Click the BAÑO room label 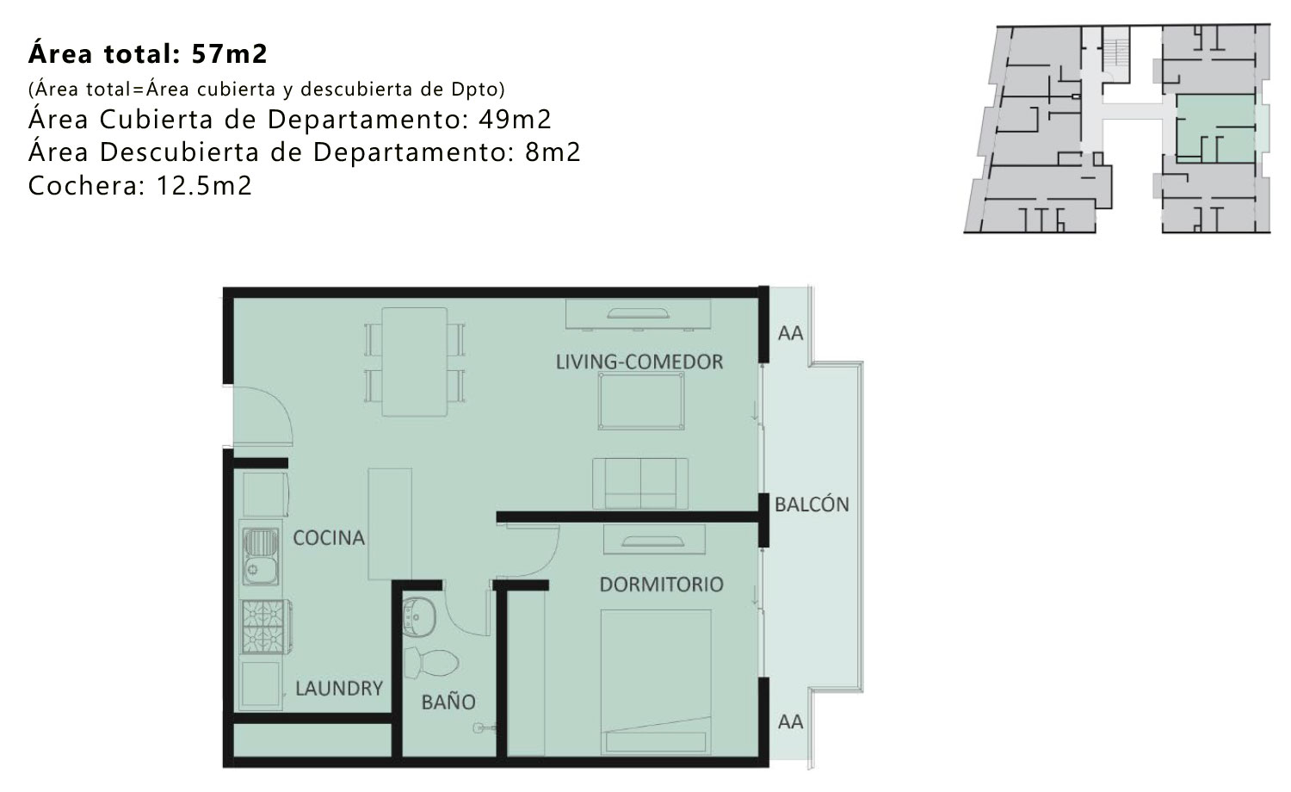448,702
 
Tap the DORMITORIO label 661,585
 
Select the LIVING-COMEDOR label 639,362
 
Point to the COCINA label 329,538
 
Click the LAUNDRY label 339,688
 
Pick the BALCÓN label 812,504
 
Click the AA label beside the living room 790,333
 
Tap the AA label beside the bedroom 790,721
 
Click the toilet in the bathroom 431,662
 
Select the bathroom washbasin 417,617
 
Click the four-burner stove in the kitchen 264,627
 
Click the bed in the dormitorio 655,682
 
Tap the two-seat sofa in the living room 639,484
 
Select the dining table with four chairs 414,362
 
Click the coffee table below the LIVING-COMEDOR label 641,401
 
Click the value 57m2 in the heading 230,53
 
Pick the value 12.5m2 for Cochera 204,186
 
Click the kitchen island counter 390,524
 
